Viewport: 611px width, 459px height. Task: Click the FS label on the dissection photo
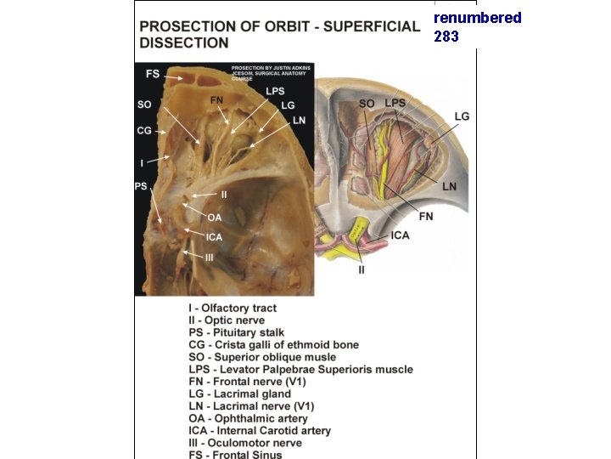(153, 75)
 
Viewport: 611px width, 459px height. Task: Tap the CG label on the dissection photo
(144, 131)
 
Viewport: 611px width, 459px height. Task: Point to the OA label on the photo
(215, 218)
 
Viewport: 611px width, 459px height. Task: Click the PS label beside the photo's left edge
(141, 186)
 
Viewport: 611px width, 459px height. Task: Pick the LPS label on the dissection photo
(275, 91)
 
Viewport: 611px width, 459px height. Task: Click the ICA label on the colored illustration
(401, 235)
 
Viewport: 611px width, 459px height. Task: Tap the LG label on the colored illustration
(462, 116)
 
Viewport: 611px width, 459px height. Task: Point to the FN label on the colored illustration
(426, 217)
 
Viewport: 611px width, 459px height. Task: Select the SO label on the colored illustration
(367, 104)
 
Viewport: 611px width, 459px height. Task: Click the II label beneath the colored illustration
(361, 269)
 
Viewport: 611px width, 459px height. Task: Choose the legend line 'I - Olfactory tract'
(233, 309)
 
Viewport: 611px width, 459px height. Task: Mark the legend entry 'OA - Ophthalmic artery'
(248, 418)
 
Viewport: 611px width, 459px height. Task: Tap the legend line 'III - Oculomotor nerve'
(246, 442)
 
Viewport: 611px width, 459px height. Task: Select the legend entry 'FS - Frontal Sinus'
(235, 454)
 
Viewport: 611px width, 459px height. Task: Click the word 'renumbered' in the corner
(478, 18)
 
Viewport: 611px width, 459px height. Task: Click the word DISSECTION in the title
(184, 42)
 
